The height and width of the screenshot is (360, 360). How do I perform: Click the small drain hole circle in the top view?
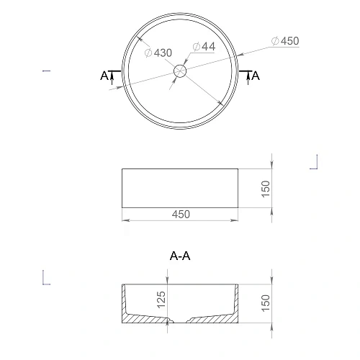180,71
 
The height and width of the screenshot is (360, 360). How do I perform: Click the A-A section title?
180,256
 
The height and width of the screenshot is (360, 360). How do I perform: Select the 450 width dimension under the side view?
181,214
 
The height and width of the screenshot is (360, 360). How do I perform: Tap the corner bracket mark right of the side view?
315,163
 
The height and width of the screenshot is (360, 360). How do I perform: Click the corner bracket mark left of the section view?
45,277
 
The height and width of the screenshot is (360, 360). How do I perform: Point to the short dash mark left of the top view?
46,71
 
